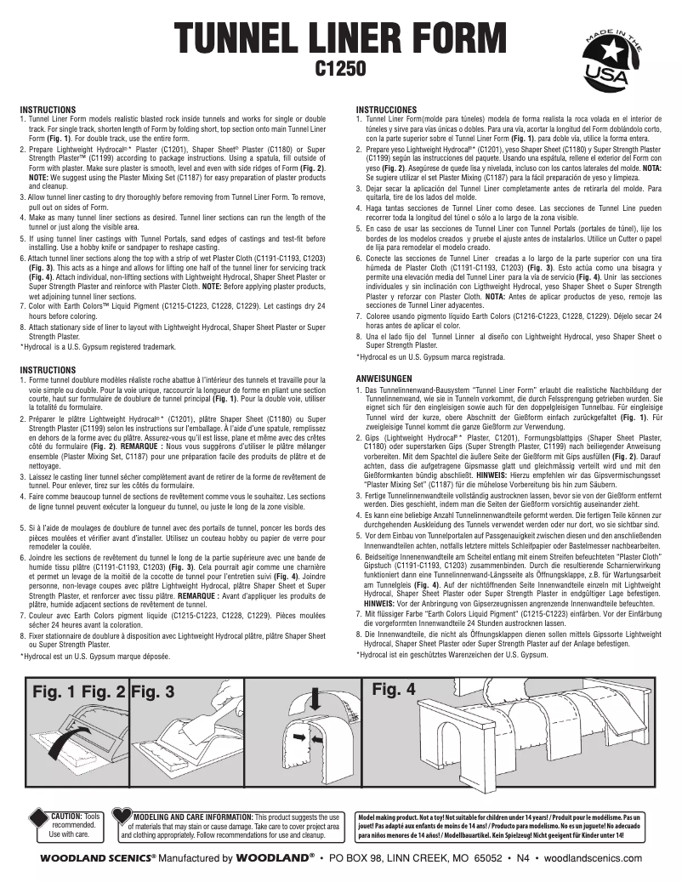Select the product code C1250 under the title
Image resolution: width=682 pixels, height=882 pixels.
pyautogui.click(x=340, y=67)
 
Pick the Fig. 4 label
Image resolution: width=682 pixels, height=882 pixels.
pyautogui.click(x=395, y=689)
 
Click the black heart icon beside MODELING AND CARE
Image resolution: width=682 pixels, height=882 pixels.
pyautogui.click(x=122, y=818)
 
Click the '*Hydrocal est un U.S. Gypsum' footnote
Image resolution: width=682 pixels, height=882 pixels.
pyautogui.click(x=95, y=657)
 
